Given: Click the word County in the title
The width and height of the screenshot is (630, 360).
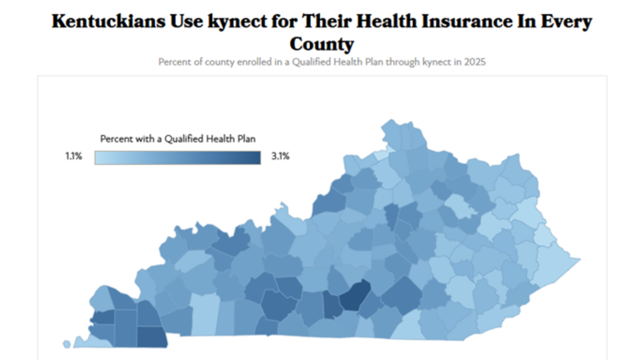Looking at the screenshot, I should pos(322,44).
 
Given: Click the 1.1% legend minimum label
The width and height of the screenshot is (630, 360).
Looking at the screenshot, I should pos(73,157).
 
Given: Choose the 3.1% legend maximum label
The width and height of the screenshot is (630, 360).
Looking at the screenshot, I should pos(280,157).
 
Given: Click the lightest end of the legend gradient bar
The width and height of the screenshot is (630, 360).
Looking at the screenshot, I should pos(98,157).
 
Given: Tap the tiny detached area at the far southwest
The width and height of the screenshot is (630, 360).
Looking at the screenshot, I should pos(67,344).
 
